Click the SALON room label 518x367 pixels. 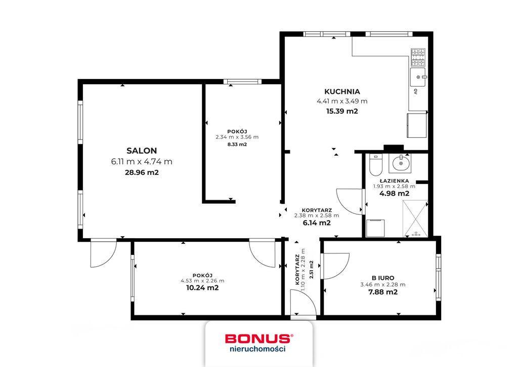(142, 151)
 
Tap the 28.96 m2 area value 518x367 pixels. (142, 172)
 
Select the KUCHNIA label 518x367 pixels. (342, 92)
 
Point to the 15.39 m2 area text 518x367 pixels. (342, 111)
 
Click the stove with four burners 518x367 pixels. (418, 57)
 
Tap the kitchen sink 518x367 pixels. (418, 77)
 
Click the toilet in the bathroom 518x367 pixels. (375, 164)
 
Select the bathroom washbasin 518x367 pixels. (400, 163)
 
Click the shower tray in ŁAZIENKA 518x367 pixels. (415, 219)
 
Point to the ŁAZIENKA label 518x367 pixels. (395, 181)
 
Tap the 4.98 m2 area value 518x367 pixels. (395, 194)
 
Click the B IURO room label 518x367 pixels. (383, 278)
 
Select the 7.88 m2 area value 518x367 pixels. (383, 292)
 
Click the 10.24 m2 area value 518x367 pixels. (202, 287)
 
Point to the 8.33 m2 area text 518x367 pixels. (237, 144)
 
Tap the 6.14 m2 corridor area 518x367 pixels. (317, 223)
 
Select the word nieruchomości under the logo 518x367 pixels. (257, 348)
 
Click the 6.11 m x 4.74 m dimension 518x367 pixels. (142, 162)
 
